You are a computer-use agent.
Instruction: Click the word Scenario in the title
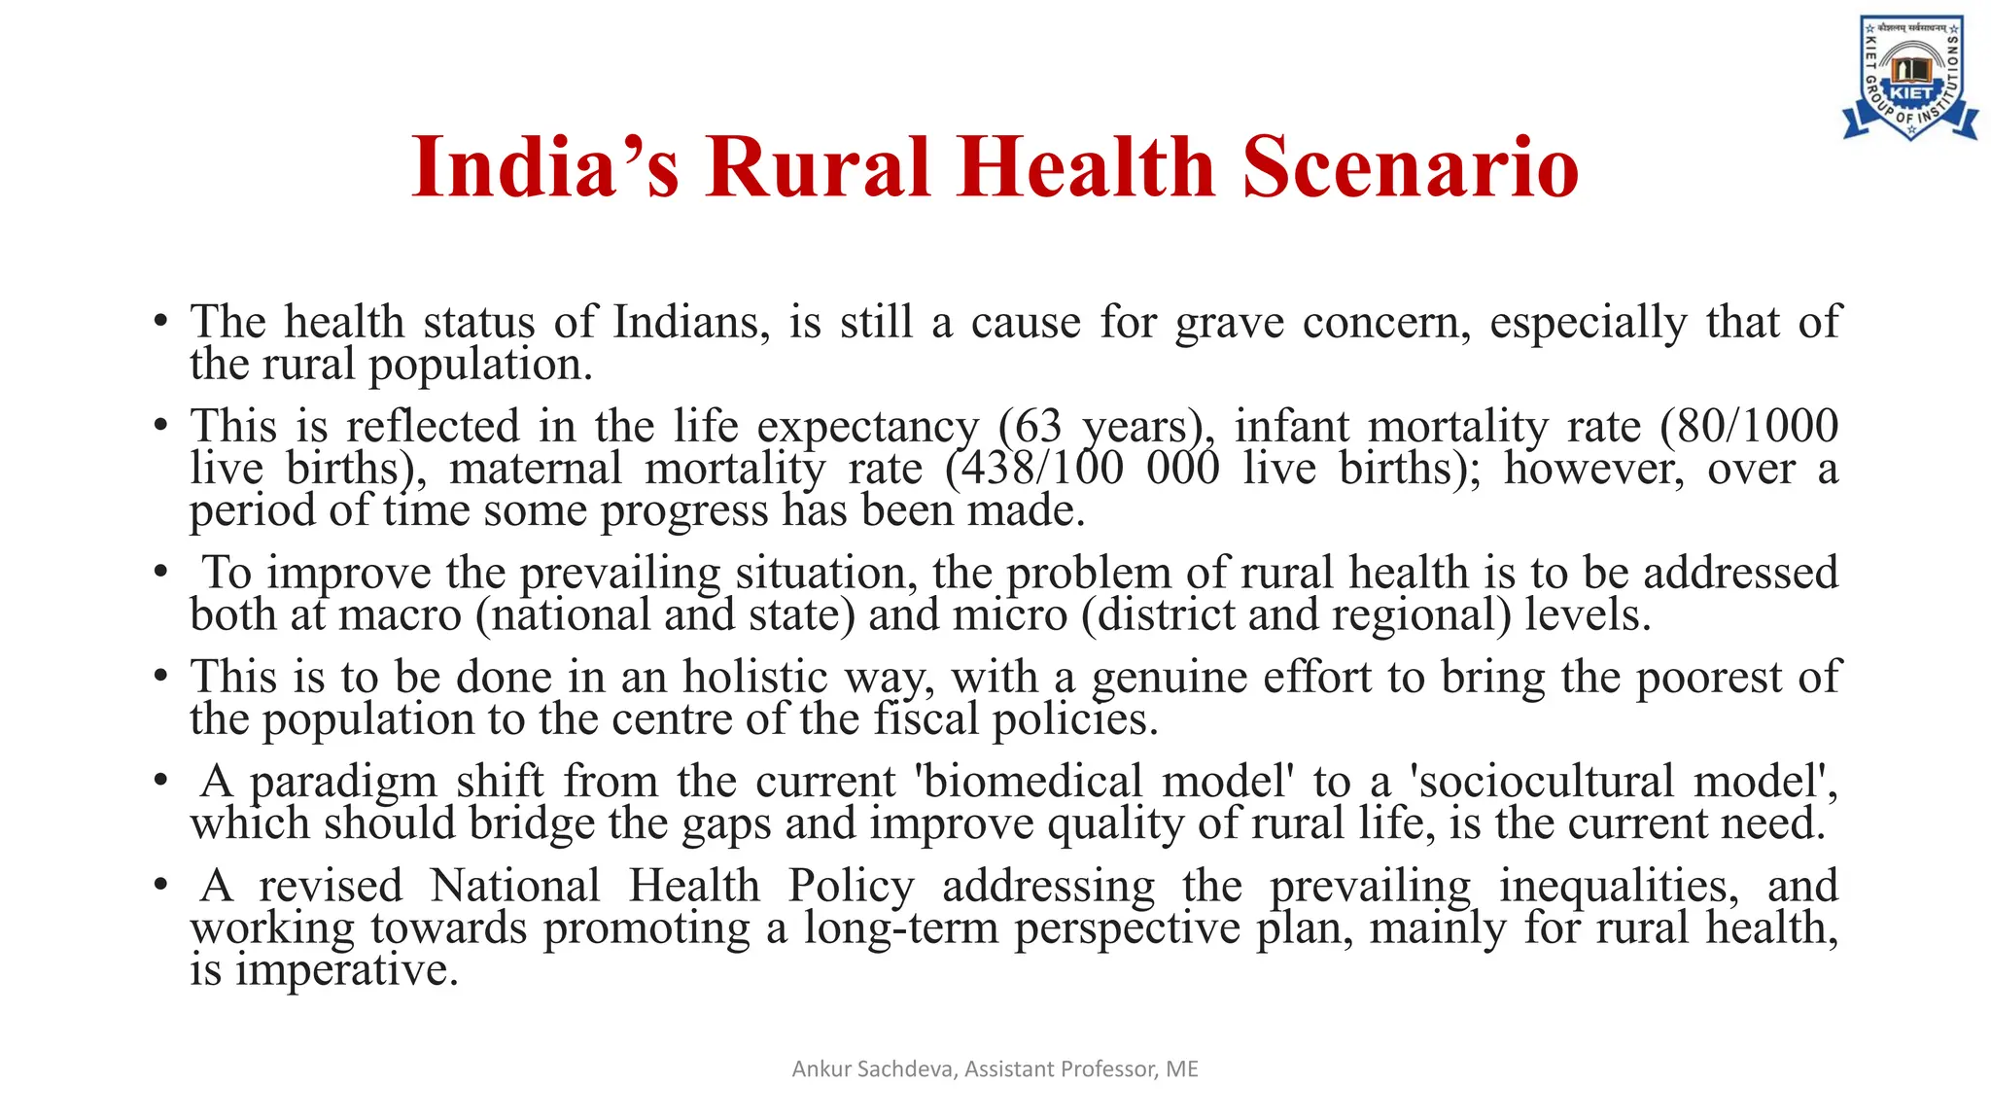(1411, 167)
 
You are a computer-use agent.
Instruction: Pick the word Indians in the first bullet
(684, 323)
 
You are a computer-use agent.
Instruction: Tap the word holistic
(754, 677)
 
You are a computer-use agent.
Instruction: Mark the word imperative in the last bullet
(346, 969)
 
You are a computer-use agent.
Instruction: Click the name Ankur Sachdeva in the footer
(874, 1069)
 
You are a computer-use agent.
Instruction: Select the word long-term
(901, 927)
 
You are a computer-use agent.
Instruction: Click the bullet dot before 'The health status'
(160, 323)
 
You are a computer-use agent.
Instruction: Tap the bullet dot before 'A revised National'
(160, 886)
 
